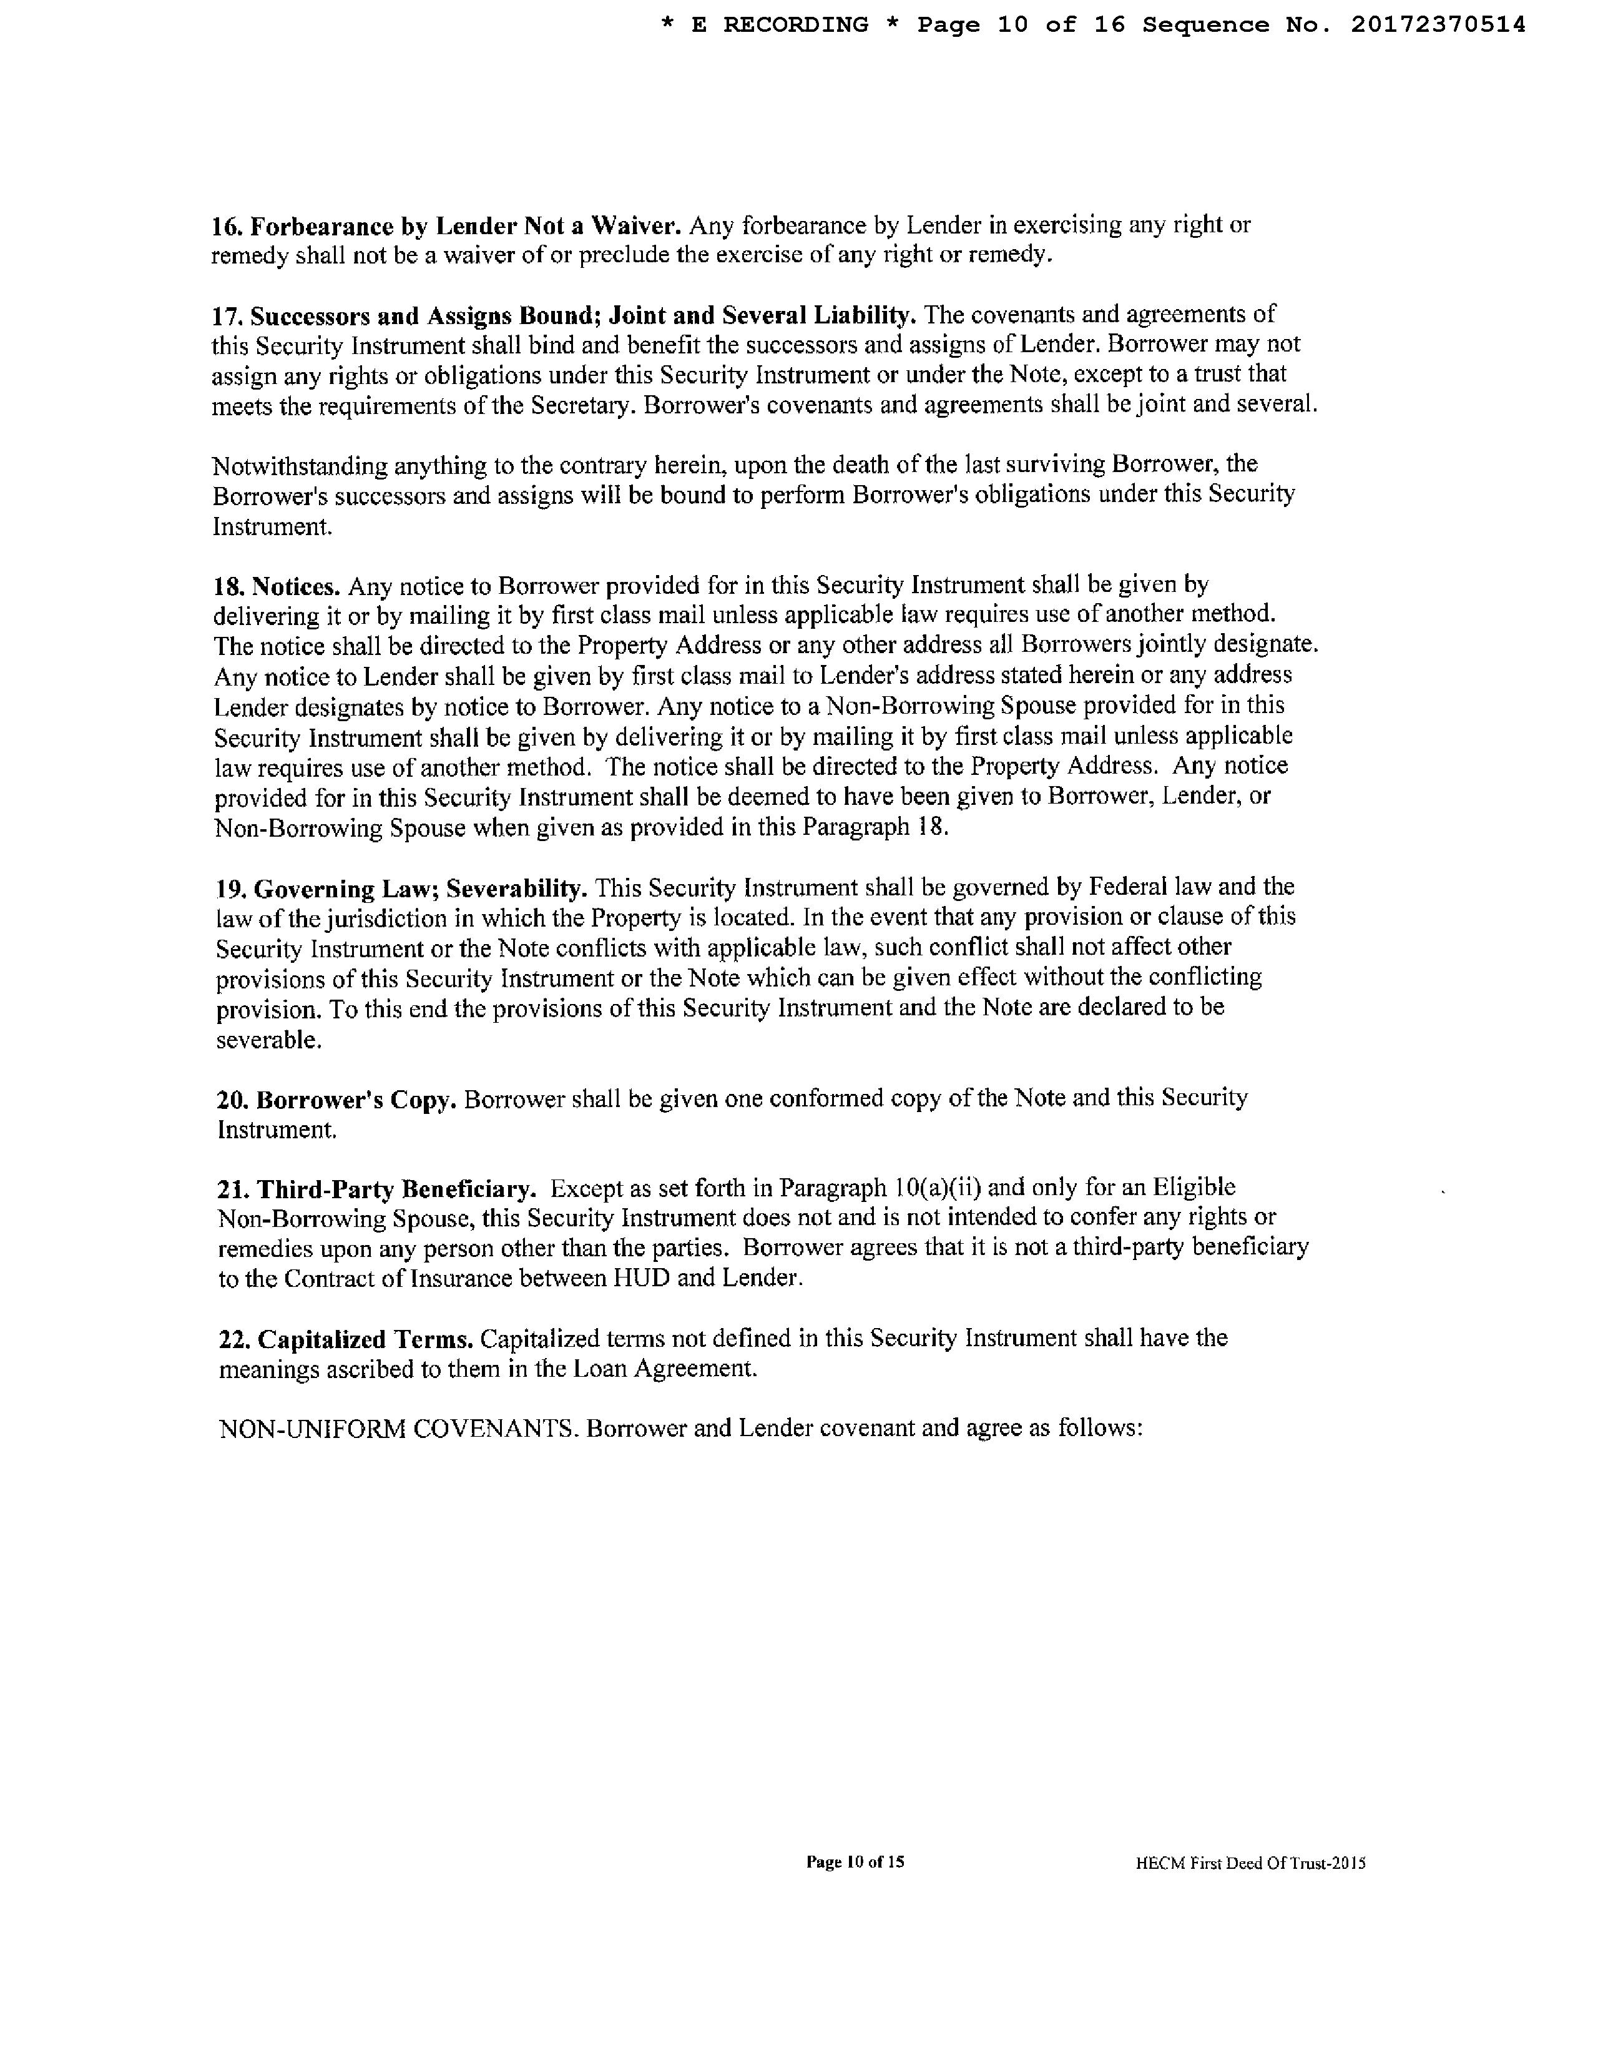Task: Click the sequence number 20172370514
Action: [x=1437, y=24]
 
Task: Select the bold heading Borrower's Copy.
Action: [x=357, y=1100]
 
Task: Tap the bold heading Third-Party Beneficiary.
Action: [x=398, y=1188]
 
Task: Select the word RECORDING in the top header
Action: [x=795, y=24]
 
